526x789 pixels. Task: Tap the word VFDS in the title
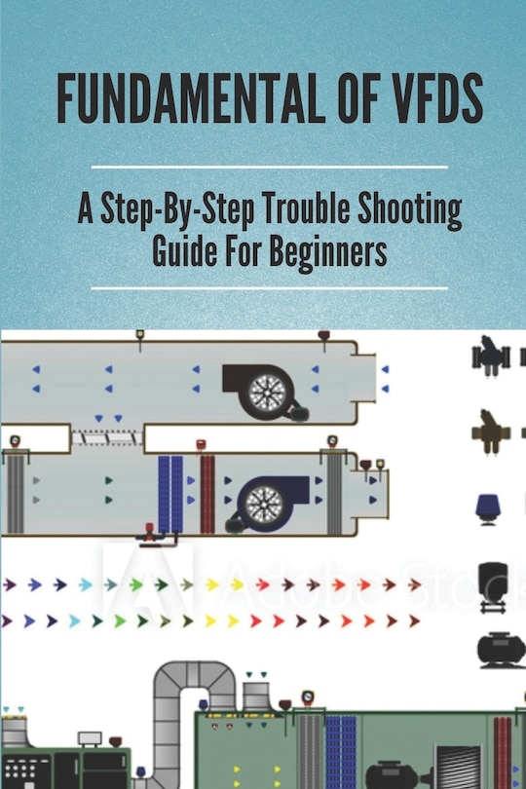tap(437, 98)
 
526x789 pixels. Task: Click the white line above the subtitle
tap(269, 166)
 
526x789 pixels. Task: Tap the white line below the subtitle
tap(269, 288)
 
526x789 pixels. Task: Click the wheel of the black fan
tap(264, 391)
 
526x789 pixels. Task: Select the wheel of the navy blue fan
tap(264, 504)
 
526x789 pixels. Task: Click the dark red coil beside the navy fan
tap(207, 494)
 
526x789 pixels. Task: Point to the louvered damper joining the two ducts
tap(107, 437)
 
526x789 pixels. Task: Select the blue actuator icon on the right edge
tap(487, 509)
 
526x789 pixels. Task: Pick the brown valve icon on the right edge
tap(491, 432)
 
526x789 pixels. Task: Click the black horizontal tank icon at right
tap(501, 649)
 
